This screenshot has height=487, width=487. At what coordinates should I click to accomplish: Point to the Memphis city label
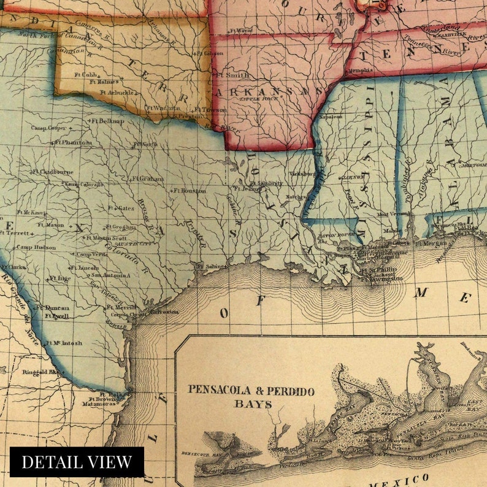pyautogui.click(x=360, y=70)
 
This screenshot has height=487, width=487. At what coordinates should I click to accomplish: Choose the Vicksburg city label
pyautogui.click(x=301, y=174)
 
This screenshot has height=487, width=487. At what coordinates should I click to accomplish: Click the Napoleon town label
pyautogui.click(x=330, y=116)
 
